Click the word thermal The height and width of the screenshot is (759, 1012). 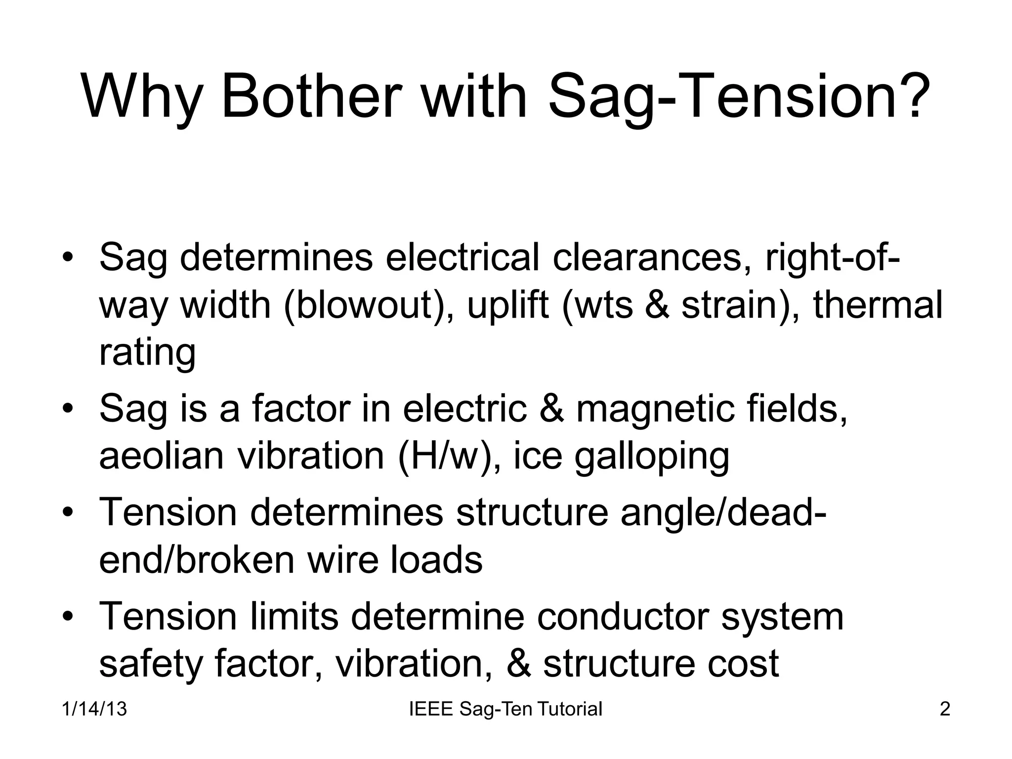[x=878, y=305]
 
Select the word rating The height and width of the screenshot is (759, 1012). [x=147, y=353]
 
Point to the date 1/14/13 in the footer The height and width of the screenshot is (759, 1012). [x=94, y=709]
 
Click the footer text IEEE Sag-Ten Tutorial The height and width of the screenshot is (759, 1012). [x=506, y=709]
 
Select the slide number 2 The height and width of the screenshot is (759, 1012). [x=944, y=709]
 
